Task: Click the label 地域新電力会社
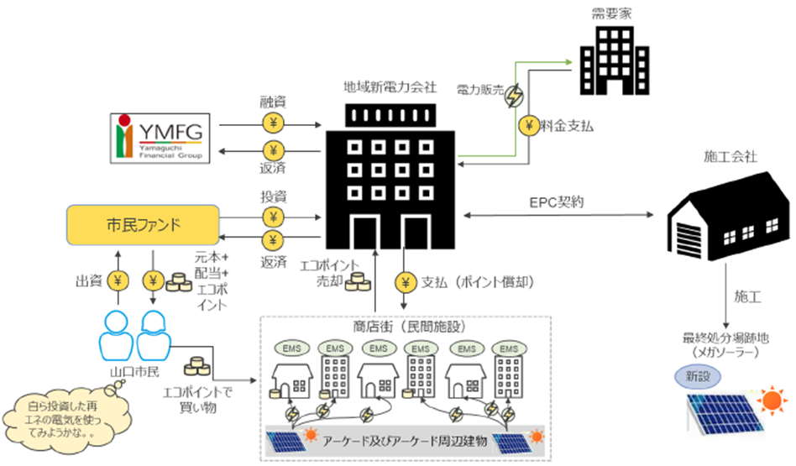(x=390, y=86)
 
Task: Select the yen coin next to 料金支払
(x=529, y=127)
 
